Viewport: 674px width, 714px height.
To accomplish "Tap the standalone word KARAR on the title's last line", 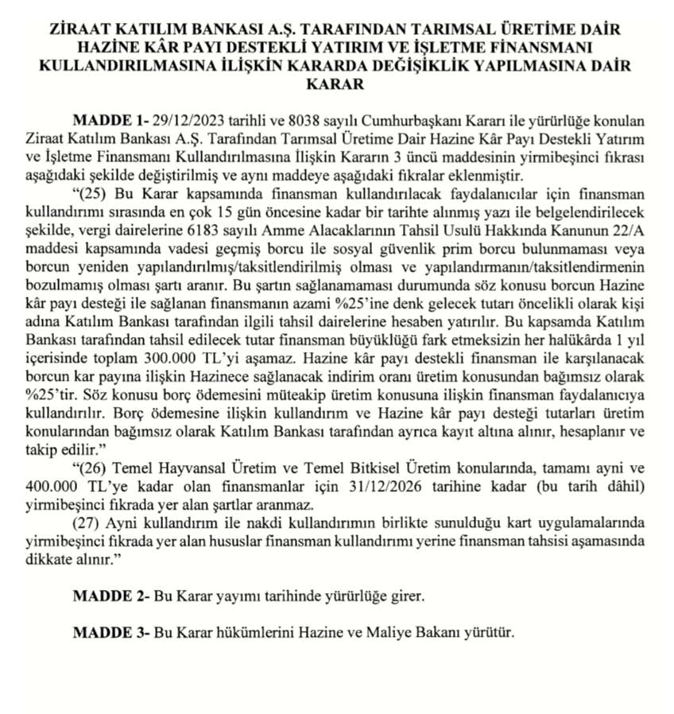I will (x=336, y=83).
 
